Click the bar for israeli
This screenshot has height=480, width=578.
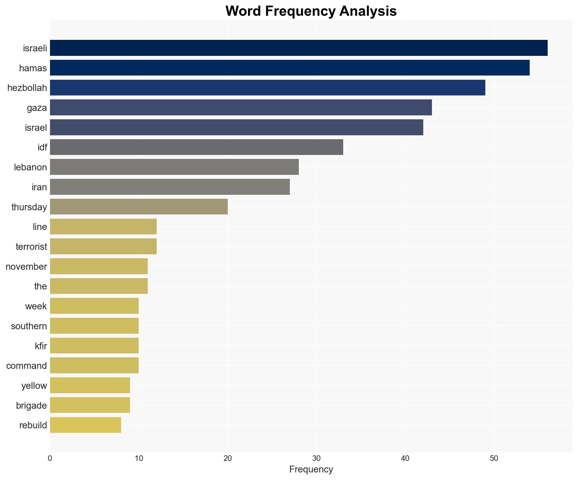pyautogui.click(x=299, y=48)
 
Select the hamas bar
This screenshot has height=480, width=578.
pyautogui.click(x=290, y=68)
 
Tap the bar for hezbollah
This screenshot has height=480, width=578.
pyautogui.click(x=267, y=88)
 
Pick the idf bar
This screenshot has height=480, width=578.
pyautogui.click(x=196, y=147)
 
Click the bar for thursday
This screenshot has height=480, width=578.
pyautogui.click(x=139, y=207)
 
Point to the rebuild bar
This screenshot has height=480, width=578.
pyautogui.click(x=85, y=425)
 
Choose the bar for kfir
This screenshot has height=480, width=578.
pyautogui.click(x=94, y=346)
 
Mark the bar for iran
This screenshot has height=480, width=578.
pyautogui.click(x=170, y=187)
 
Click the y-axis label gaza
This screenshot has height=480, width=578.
pyautogui.click(x=37, y=108)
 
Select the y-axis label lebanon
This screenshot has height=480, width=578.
pyautogui.click(x=30, y=167)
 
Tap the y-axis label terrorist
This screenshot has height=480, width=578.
pyautogui.click(x=31, y=247)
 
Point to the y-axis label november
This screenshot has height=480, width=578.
pyautogui.click(x=26, y=267)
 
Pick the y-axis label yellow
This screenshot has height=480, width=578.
pyautogui.click(x=34, y=386)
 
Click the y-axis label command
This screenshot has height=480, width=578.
pyautogui.click(x=26, y=366)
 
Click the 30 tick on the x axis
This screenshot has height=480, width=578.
pyautogui.click(x=316, y=458)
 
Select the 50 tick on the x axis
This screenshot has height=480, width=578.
pyautogui.click(x=494, y=458)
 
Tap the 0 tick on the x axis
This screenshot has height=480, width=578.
pyautogui.click(x=50, y=458)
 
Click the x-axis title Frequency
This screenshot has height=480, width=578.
pyautogui.click(x=311, y=469)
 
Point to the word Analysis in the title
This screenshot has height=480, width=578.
pyautogui.click(x=368, y=11)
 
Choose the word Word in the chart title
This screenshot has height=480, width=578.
pyautogui.click(x=244, y=11)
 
